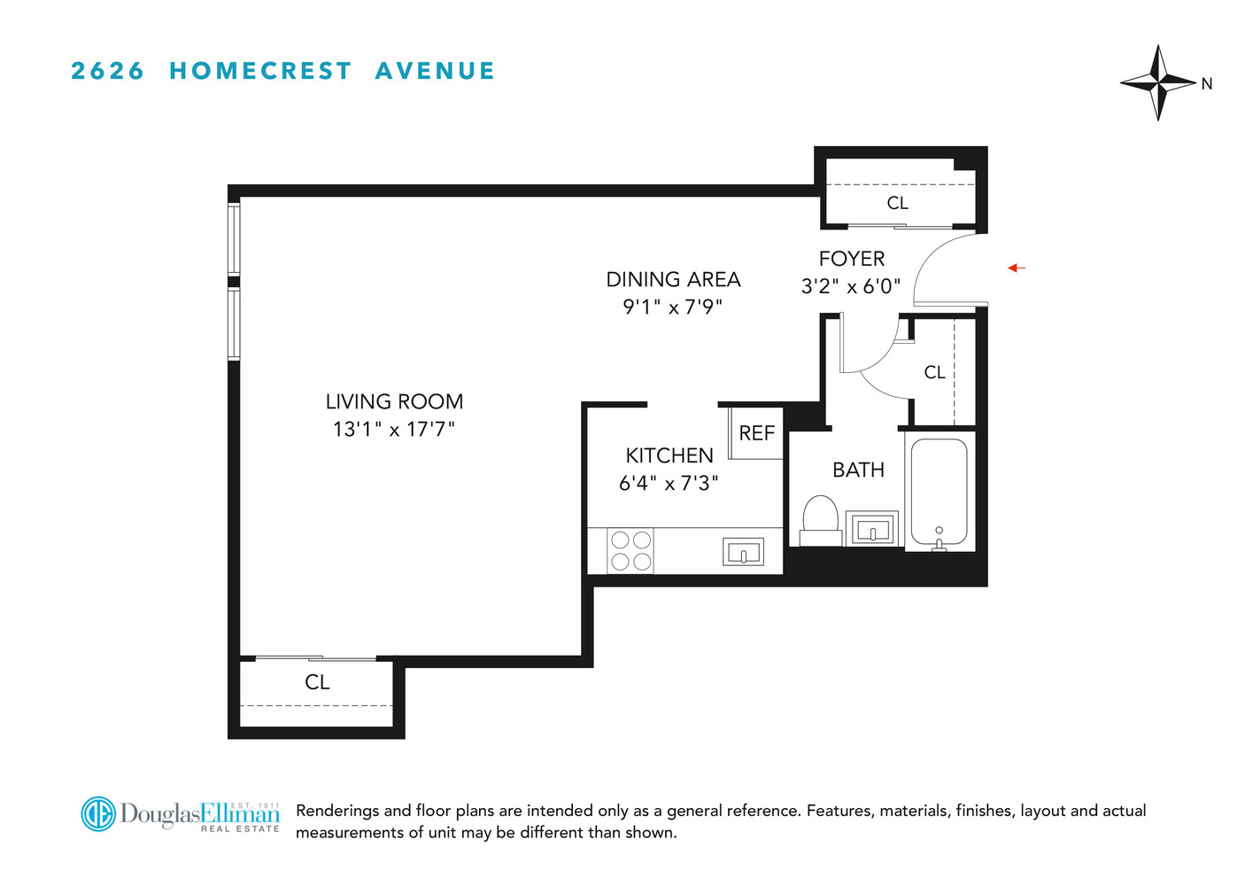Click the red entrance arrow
pyautogui.click(x=1017, y=268)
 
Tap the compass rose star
pyautogui.click(x=1158, y=82)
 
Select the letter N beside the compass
pyautogui.click(x=1206, y=84)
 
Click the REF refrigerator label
pyautogui.click(x=756, y=433)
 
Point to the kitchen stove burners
pyautogui.click(x=630, y=550)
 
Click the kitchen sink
pyautogui.click(x=743, y=552)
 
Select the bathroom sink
pyautogui.click(x=872, y=530)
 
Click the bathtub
pyautogui.click(x=939, y=492)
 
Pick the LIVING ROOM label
pyautogui.click(x=394, y=402)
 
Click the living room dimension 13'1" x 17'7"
pyautogui.click(x=394, y=430)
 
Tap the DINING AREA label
pyautogui.click(x=673, y=280)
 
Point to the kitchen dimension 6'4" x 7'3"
pyautogui.click(x=669, y=484)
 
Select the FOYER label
pyautogui.click(x=852, y=259)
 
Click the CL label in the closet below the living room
pyautogui.click(x=317, y=682)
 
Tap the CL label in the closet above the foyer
pyautogui.click(x=897, y=203)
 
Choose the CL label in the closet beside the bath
pyautogui.click(x=934, y=372)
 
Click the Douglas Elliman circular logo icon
pyautogui.click(x=98, y=813)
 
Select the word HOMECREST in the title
pyautogui.click(x=260, y=71)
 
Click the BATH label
pyautogui.click(x=858, y=470)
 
